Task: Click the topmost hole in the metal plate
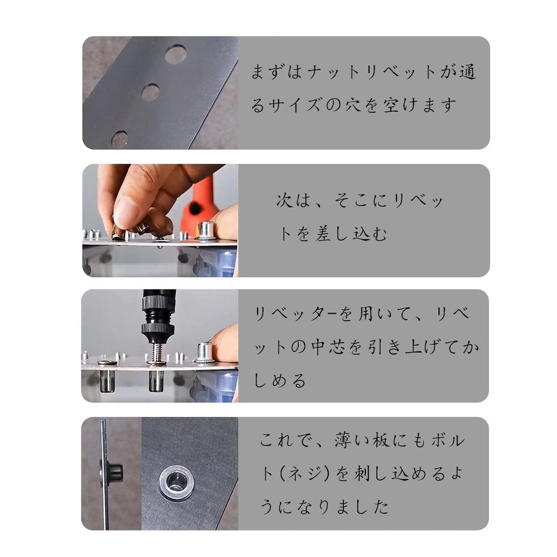pos(175,54)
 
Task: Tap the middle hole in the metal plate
pos(150,92)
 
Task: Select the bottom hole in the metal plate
pos(119,139)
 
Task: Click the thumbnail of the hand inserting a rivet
pos(160,220)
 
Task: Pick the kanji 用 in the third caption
pos(367,314)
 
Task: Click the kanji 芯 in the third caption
pos(337,347)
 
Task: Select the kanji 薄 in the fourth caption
pos(343,441)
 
